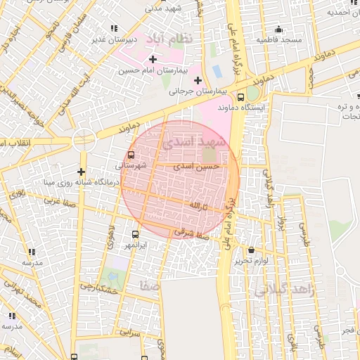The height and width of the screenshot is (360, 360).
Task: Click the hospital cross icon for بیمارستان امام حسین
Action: tap(153, 58)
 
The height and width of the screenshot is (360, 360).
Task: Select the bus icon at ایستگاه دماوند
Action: tap(241, 97)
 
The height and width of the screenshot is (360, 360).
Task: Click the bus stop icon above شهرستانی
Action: tap(131, 155)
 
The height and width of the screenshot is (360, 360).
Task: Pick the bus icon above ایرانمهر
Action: tap(135, 234)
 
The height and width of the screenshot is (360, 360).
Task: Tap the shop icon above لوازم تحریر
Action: tap(251, 250)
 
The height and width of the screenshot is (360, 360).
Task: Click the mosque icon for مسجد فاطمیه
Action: tap(278, 30)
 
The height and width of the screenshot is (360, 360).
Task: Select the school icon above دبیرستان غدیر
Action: tap(114, 29)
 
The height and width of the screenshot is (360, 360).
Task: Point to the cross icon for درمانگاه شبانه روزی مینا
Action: tap(82, 172)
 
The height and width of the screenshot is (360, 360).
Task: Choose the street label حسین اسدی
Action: tap(202, 166)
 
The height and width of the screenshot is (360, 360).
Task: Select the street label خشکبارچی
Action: tap(100, 288)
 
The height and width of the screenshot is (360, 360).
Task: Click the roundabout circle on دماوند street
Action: tap(84, 139)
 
